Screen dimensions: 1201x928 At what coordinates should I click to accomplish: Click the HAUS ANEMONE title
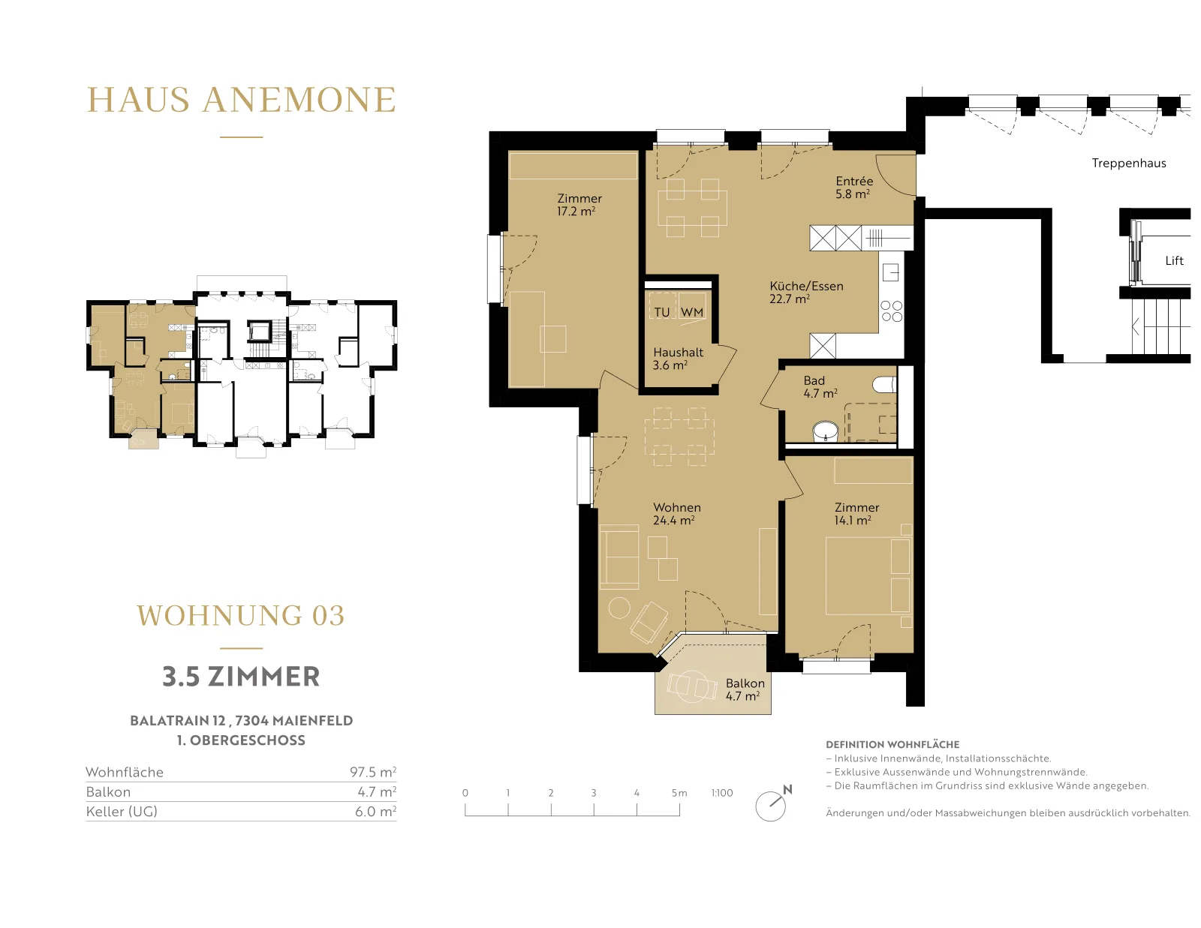[242, 100]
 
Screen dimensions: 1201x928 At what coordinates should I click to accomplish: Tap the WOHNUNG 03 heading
[241, 615]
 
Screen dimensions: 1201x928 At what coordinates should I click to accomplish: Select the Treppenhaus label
[1129, 163]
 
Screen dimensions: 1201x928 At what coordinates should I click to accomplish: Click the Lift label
[1174, 260]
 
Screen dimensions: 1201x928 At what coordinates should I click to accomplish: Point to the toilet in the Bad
[884, 384]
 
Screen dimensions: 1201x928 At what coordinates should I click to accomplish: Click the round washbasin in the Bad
[826, 431]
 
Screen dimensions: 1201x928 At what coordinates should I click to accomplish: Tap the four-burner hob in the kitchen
[892, 311]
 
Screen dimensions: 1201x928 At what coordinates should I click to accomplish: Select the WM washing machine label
[692, 312]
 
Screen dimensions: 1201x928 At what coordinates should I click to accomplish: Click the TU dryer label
[661, 312]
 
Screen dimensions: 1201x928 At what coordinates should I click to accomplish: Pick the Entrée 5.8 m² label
[854, 188]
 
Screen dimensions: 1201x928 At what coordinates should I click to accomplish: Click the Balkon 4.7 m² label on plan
[745, 689]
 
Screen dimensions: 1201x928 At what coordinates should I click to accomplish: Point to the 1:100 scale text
[722, 793]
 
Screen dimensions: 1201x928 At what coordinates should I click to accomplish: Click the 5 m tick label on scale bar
[679, 793]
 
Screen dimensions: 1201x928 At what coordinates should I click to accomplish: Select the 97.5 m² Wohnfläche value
[373, 772]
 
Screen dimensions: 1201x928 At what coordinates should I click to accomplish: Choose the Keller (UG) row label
[122, 812]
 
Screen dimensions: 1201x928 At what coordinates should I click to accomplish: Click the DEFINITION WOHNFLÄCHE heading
[892, 745]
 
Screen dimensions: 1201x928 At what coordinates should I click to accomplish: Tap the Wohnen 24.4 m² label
[676, 514]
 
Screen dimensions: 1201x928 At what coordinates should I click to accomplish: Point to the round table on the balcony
[691, 686]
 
